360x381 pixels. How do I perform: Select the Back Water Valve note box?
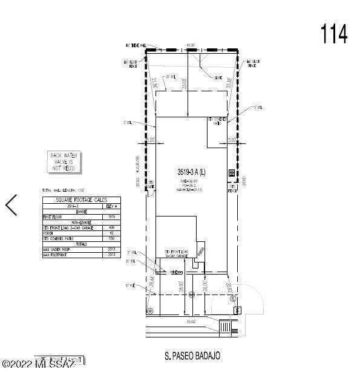coord(64,162)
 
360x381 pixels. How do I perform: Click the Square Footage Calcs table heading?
coord(81,200)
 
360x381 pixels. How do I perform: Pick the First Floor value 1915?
coord(111,216)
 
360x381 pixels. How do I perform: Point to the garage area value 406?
coord(111,227)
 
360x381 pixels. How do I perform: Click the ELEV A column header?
coord(111,206)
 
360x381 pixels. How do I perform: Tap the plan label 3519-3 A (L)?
coord(190,171)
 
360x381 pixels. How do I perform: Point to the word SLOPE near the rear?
coord(218,78)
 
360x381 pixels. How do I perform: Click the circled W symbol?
coord(150,310)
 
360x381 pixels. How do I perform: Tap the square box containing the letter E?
coord(238,310)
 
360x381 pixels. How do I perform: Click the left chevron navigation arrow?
coord(11,205)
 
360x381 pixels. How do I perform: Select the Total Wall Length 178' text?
coord(62,190)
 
